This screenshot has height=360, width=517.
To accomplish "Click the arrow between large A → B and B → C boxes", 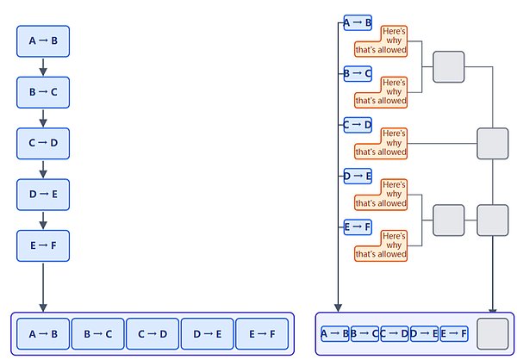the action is pyautogui.click(x=43, y=67).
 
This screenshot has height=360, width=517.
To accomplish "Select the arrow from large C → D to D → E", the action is pyautogui.click(x=43, y=170).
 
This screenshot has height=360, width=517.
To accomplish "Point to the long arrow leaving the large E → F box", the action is pyautogui.click(x=43, y=288).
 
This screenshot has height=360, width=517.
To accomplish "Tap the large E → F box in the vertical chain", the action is pyautogui.click(x=43, y=245).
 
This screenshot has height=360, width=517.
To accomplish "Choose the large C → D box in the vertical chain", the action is pyautogui.click(x=43, y=144).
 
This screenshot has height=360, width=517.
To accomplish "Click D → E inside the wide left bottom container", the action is pyautogui.click(x=207, y=334).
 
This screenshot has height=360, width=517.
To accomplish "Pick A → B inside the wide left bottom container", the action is pyautogui.click(x=43, y=334).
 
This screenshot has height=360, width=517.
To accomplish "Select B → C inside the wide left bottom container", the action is pyautogui.click(x=98, y=334).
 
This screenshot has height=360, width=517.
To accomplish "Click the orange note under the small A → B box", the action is pyautogui.click(x=381, y=41).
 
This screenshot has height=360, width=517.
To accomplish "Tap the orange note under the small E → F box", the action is pyautogui.click(x=381, y=246).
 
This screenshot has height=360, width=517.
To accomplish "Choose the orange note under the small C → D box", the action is pyautogui.click(x=381, y=144).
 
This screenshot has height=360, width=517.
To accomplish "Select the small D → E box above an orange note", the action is pyautogui.click(x=358, y=176).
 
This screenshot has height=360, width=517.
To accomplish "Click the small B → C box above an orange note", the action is pyautogui.click(x=358, y=73).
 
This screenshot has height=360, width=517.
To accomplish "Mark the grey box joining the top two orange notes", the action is pyautogui.click(x=448, y=67).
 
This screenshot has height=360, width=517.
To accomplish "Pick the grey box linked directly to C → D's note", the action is pyautogui.click(x=493, y=144).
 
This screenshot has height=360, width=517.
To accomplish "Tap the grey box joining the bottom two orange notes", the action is pyautogui.click(x=448, y=220).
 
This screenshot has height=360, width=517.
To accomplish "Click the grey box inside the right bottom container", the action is pyautogui.click(x=493, y=334).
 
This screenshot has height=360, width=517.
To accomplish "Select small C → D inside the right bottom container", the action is pyautogui.click(x=395, y=333).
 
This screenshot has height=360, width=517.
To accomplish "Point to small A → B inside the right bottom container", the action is pyautogui.click(x=335, y=333).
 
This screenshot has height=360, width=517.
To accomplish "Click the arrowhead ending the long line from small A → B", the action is pyautogui.click(x=338, y=308).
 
